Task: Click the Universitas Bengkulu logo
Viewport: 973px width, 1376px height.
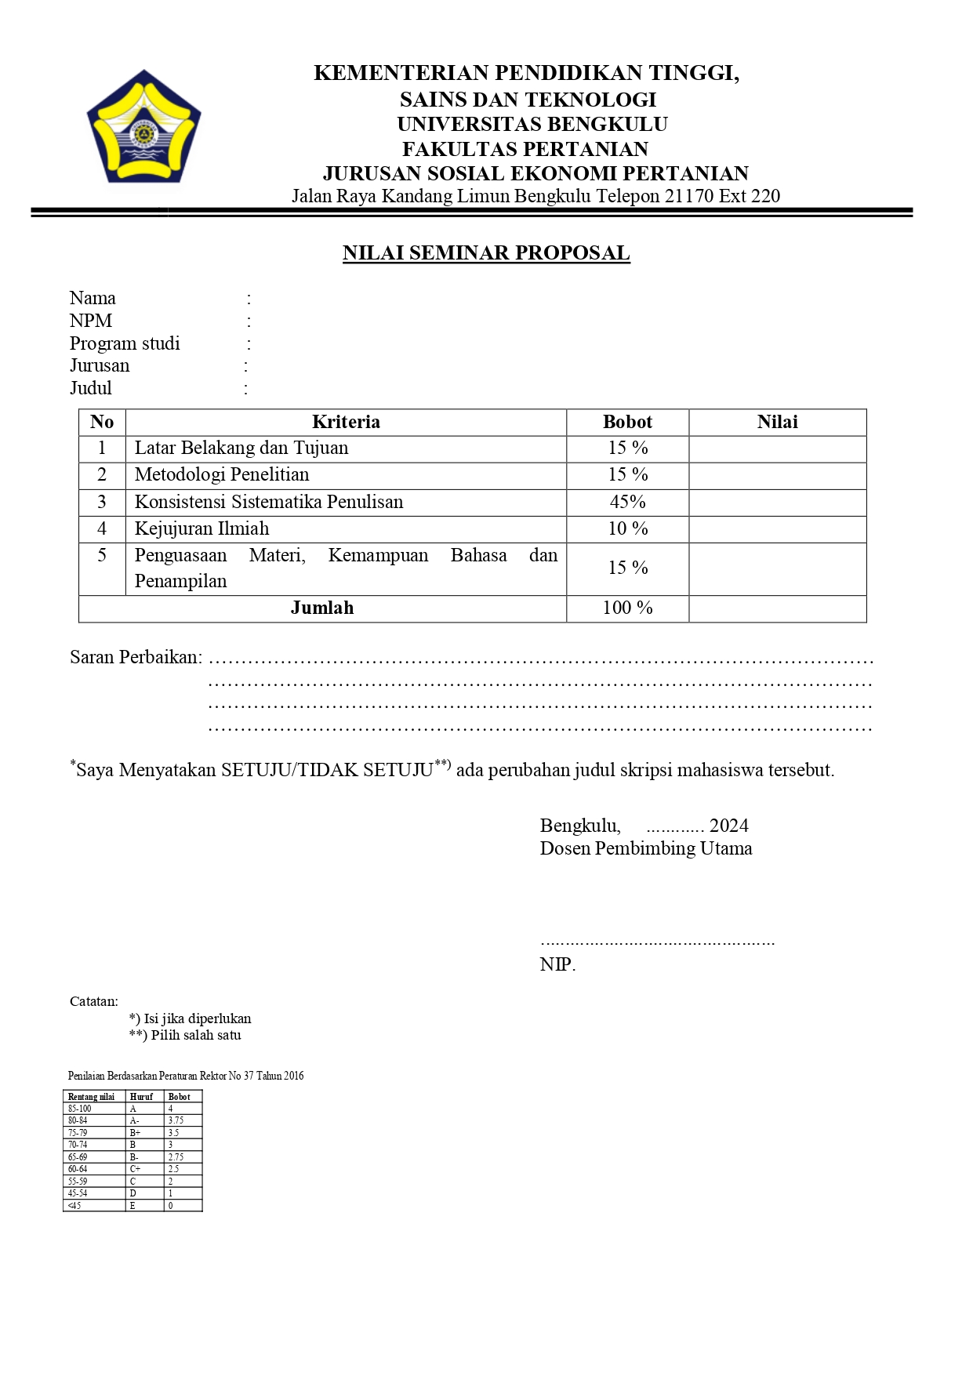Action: click(143, 127)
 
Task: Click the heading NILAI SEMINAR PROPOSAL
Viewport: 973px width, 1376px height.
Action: click(486, 253)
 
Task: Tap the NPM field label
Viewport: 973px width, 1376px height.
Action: click(91, 321)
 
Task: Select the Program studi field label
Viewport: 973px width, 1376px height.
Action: click(125, 343)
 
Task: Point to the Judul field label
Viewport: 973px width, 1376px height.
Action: click(91, 388)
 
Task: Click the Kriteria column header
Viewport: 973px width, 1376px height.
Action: click(346, 422)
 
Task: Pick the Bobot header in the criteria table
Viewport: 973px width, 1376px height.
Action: click(627, 422)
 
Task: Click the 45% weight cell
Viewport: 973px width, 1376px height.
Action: click(627, 502)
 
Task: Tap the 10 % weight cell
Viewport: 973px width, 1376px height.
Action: click(627, 528)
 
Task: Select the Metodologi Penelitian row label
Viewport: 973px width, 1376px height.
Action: click(222, 474)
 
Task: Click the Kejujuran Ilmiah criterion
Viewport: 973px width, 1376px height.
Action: click(201, 528)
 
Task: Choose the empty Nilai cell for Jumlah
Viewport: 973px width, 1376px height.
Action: click(777, 608)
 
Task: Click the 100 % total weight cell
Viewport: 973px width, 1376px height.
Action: click(627, 608)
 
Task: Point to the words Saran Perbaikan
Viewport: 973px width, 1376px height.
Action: click(136, 657)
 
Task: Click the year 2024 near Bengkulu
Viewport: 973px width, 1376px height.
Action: click(728, 826)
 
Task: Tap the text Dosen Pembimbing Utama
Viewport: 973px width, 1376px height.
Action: click(645, 848)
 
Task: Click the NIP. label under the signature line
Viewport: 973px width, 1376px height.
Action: click(557, 964)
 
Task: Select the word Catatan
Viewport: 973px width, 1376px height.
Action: click(94, 1001)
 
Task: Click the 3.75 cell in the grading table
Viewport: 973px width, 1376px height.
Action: click(176, 1120)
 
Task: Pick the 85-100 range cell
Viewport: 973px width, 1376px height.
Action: click(79, 1109)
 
